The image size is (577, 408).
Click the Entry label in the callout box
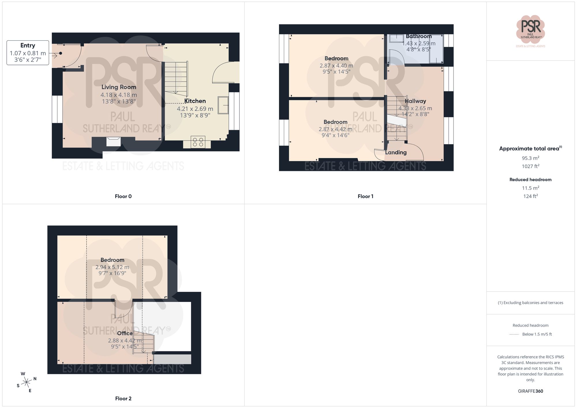tap(28, 46)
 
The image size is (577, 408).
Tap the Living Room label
tap(119, 87)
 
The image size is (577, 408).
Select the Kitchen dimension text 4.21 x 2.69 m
tap(195, 109)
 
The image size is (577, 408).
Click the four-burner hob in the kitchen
tap(198, 142)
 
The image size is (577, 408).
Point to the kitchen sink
tap(223, 105)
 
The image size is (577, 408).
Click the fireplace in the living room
tap(113, 142)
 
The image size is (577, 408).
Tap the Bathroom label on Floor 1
tap(419, 36)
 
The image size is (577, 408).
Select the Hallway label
tap(415, 101)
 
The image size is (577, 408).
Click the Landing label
tap(396, 153)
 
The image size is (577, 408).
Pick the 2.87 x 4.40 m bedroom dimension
tap(336, 66)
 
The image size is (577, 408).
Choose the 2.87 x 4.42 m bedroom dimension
tap(335, 129)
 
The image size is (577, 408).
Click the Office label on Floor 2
tap(125, 333)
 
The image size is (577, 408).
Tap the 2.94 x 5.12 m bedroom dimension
tap(112, 267)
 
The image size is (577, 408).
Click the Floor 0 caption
tap(123, 196)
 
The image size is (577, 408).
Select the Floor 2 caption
tap(123, 398)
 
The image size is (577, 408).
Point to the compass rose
tap(27, 382)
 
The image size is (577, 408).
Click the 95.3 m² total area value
tap(530, 158)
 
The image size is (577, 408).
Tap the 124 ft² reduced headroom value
tap(530, 196)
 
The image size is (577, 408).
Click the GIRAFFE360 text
tap(530, 391)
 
